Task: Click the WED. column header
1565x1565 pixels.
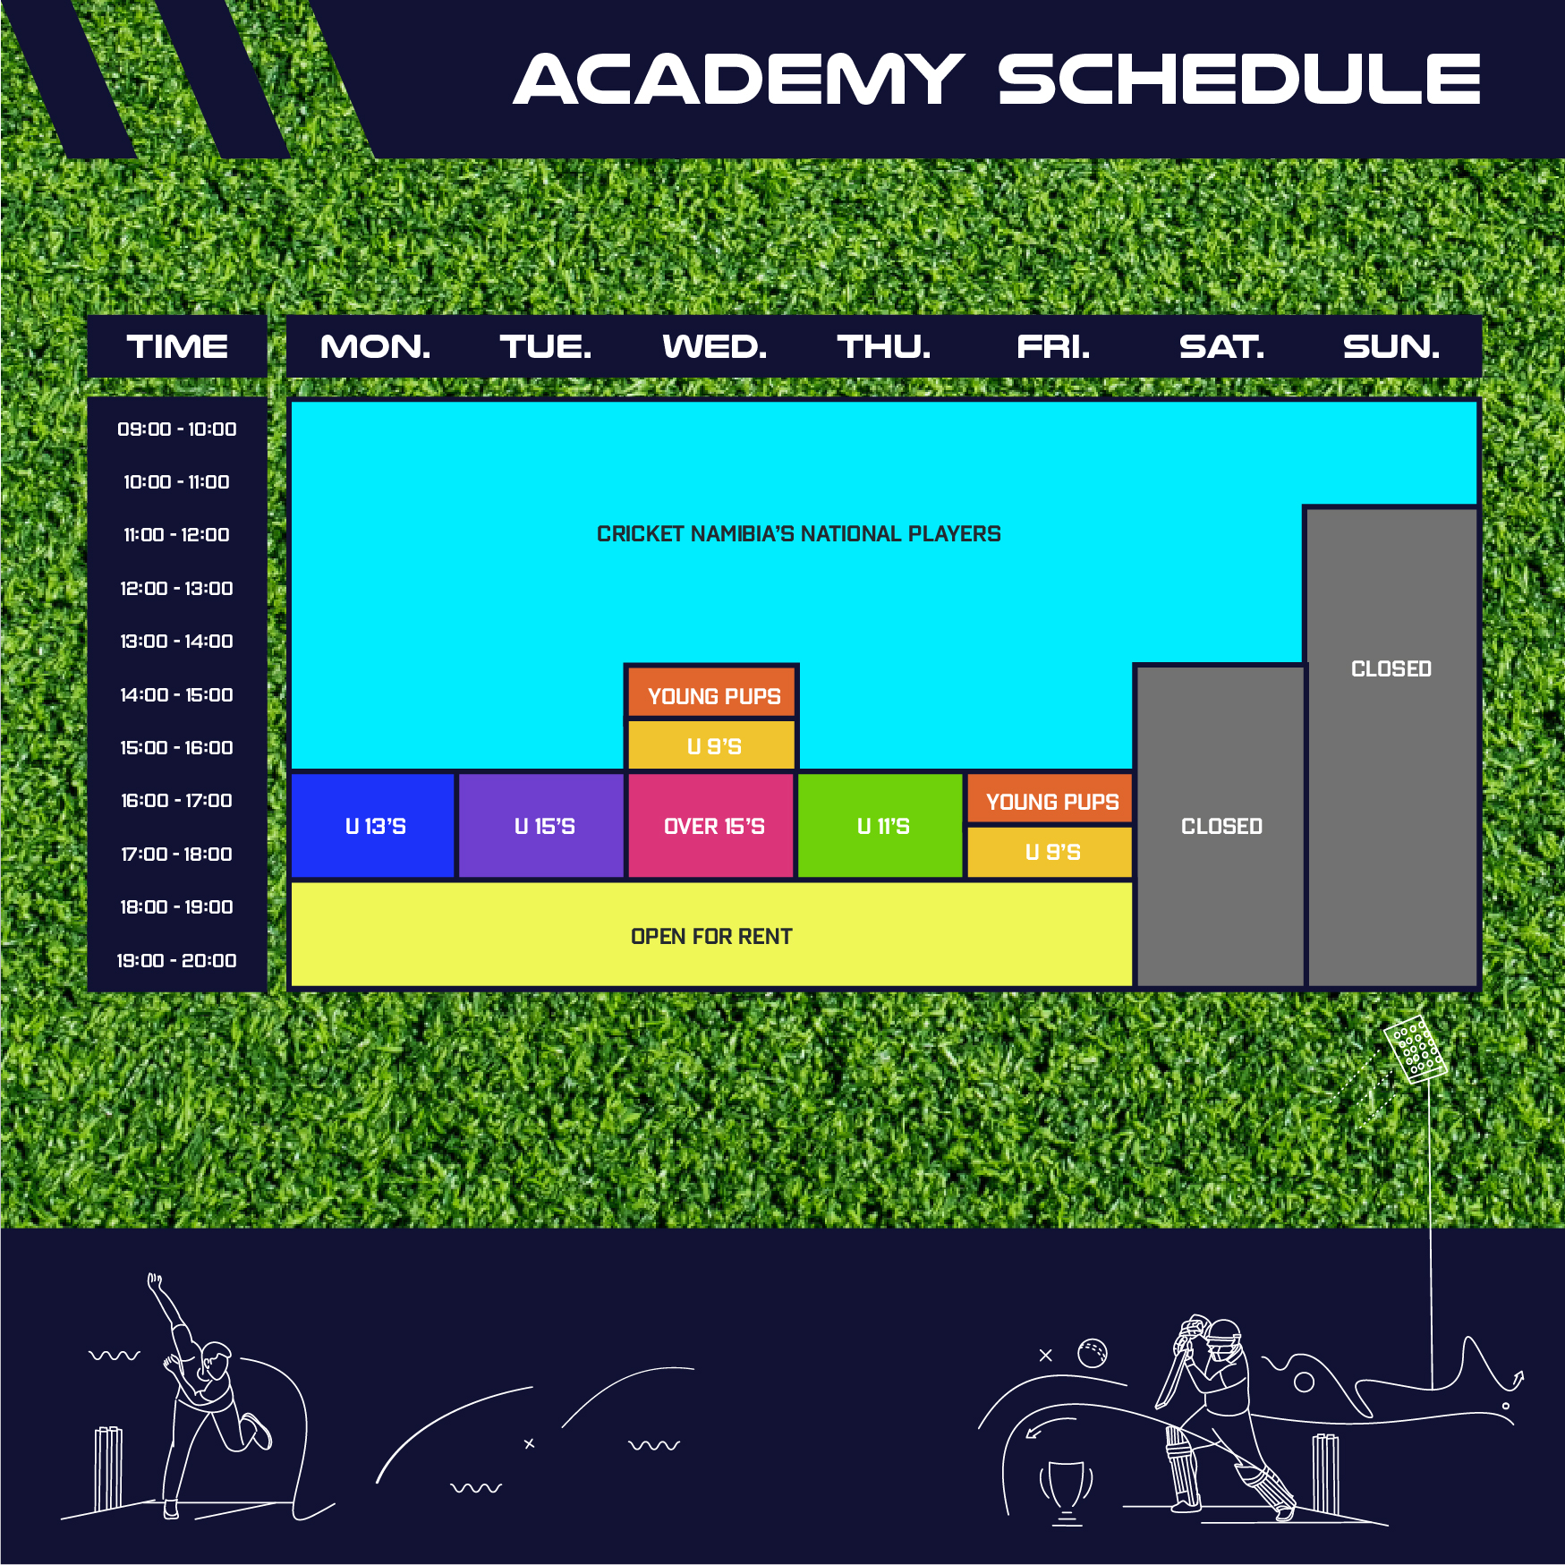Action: tap(714, 346)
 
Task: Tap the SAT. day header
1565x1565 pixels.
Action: tap(1221, 346)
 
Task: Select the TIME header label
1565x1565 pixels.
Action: tap(177, 346)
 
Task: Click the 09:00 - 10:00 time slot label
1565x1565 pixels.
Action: tap(177, 430)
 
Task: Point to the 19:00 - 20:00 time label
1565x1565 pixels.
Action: tap(177, 960)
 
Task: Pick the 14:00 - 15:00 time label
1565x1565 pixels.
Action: tap(177, 694)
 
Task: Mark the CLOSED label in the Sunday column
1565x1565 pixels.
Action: tap(1391, 669)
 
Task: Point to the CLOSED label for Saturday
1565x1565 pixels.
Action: tap(1221, 827)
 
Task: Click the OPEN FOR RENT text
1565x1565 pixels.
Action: tap(711, 937)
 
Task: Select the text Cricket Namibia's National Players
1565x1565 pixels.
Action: tap(798, 534)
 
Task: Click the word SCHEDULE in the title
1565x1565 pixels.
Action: tap(1239, 79)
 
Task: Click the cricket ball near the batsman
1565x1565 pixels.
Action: tap(1093, 1353)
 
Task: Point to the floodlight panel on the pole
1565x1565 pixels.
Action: tap(1415, 1049)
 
